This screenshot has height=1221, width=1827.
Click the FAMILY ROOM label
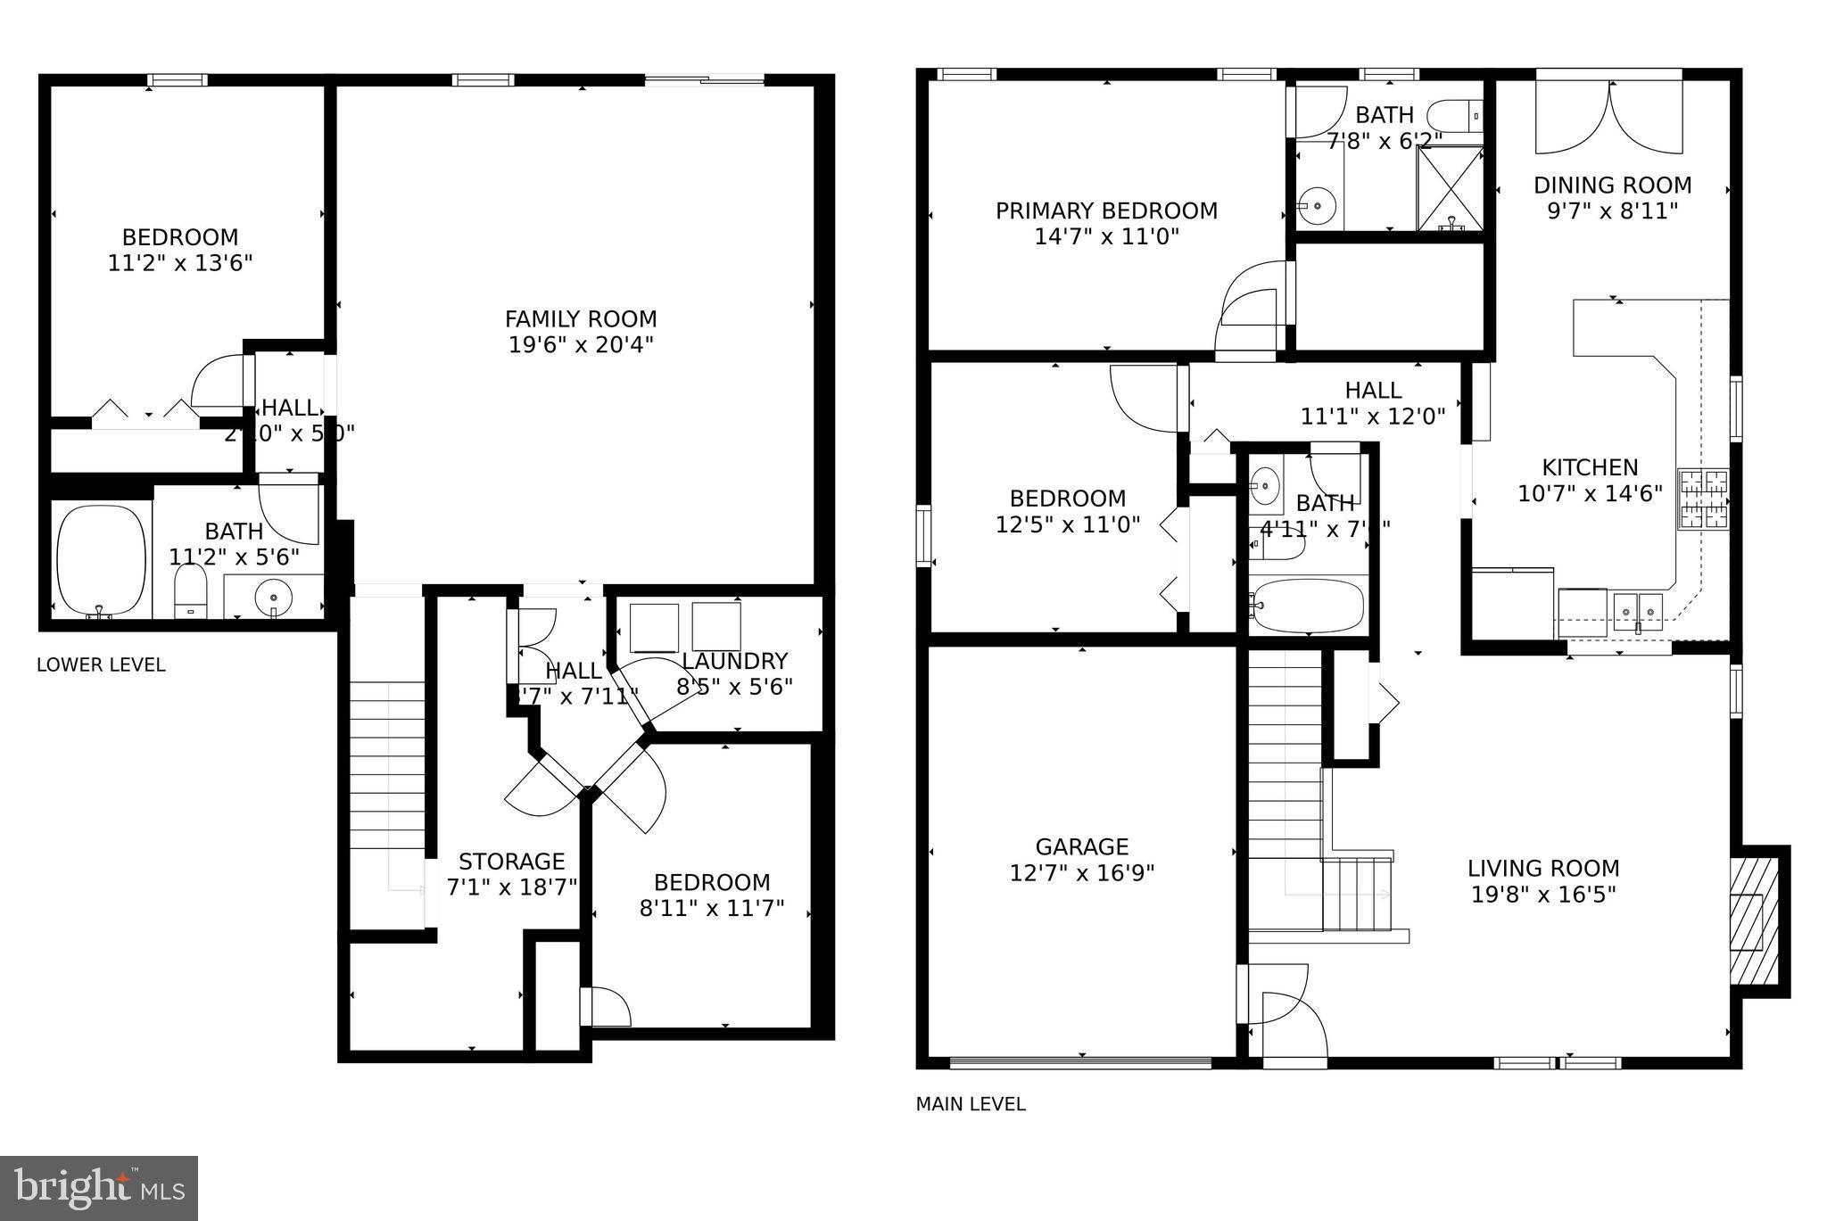click(581, 319)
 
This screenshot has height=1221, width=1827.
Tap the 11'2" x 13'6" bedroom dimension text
click(180, 263)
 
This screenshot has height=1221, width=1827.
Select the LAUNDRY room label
click(734, 661)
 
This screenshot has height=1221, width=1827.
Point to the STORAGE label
click(511, 862)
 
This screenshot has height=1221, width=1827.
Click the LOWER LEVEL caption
click(101, 665)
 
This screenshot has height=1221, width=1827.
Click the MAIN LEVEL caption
click(971, 1104)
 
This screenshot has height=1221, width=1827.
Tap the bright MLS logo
click(99, 1188)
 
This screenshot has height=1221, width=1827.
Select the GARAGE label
click(1081, 846)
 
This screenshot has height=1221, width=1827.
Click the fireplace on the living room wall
click(1748, 920)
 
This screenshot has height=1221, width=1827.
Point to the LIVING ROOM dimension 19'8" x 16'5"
click(1543, 894)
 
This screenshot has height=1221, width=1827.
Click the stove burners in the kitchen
click(1703, 499)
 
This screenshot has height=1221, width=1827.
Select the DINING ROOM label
click(1612, 186)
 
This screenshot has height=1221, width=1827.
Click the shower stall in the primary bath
click(1449, 187)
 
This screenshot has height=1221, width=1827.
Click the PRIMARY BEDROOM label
click(1106, 211)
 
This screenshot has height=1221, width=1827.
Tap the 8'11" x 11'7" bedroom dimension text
click(711, 908)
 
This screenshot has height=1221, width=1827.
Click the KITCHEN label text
click(1590, 467)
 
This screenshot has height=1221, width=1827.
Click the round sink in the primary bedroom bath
click(1316, 206)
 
